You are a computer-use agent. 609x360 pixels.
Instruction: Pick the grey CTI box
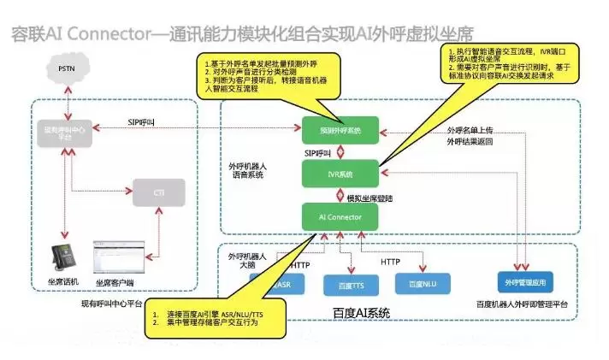click(159, 193)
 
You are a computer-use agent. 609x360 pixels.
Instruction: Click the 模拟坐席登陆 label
click(370, 198)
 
